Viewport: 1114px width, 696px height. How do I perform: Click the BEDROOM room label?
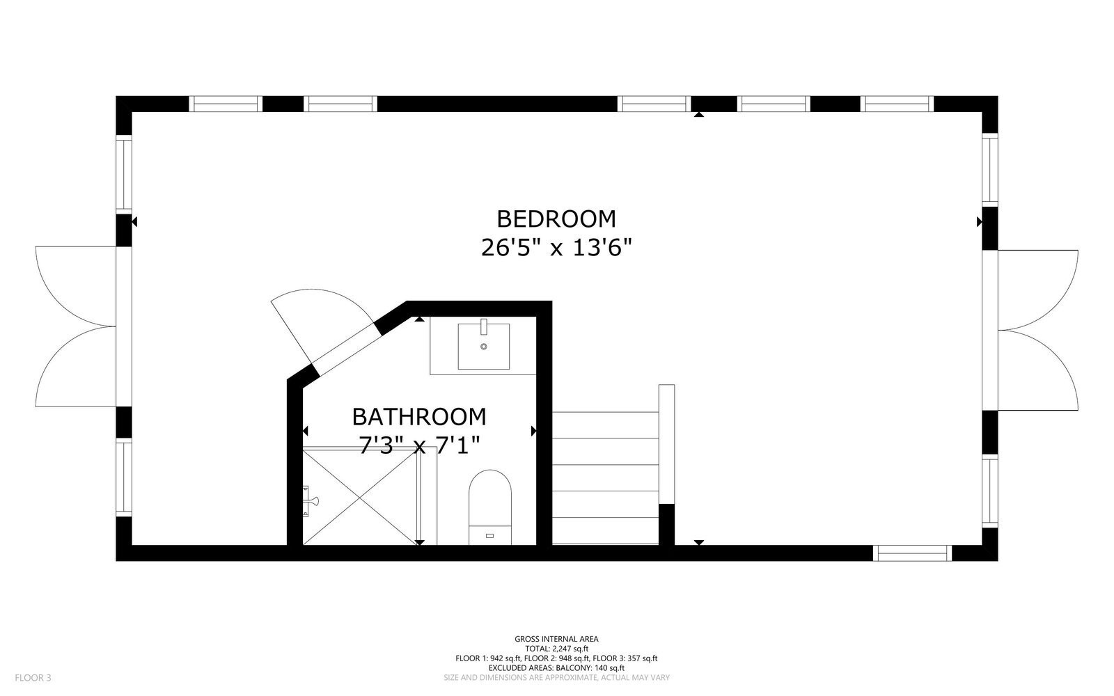556,219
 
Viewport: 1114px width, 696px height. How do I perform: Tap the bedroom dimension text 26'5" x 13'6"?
556,248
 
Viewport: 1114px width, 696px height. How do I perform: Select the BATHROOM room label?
418,416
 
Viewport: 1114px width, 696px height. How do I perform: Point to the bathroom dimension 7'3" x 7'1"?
418,444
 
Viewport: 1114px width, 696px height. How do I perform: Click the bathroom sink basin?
483,346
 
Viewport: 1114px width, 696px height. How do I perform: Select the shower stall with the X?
359,495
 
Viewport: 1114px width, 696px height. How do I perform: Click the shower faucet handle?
311,500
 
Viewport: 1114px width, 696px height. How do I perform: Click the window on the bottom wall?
912,553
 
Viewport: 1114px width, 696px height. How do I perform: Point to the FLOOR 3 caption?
33,677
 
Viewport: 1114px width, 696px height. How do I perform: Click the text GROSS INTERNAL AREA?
556,639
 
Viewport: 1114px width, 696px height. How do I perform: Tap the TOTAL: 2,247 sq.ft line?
556,649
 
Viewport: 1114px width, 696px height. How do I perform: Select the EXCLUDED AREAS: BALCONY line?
556,668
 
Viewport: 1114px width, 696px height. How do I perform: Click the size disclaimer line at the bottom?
556,677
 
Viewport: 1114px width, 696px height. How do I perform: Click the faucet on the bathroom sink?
483,326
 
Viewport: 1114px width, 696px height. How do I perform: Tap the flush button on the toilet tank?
489,535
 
